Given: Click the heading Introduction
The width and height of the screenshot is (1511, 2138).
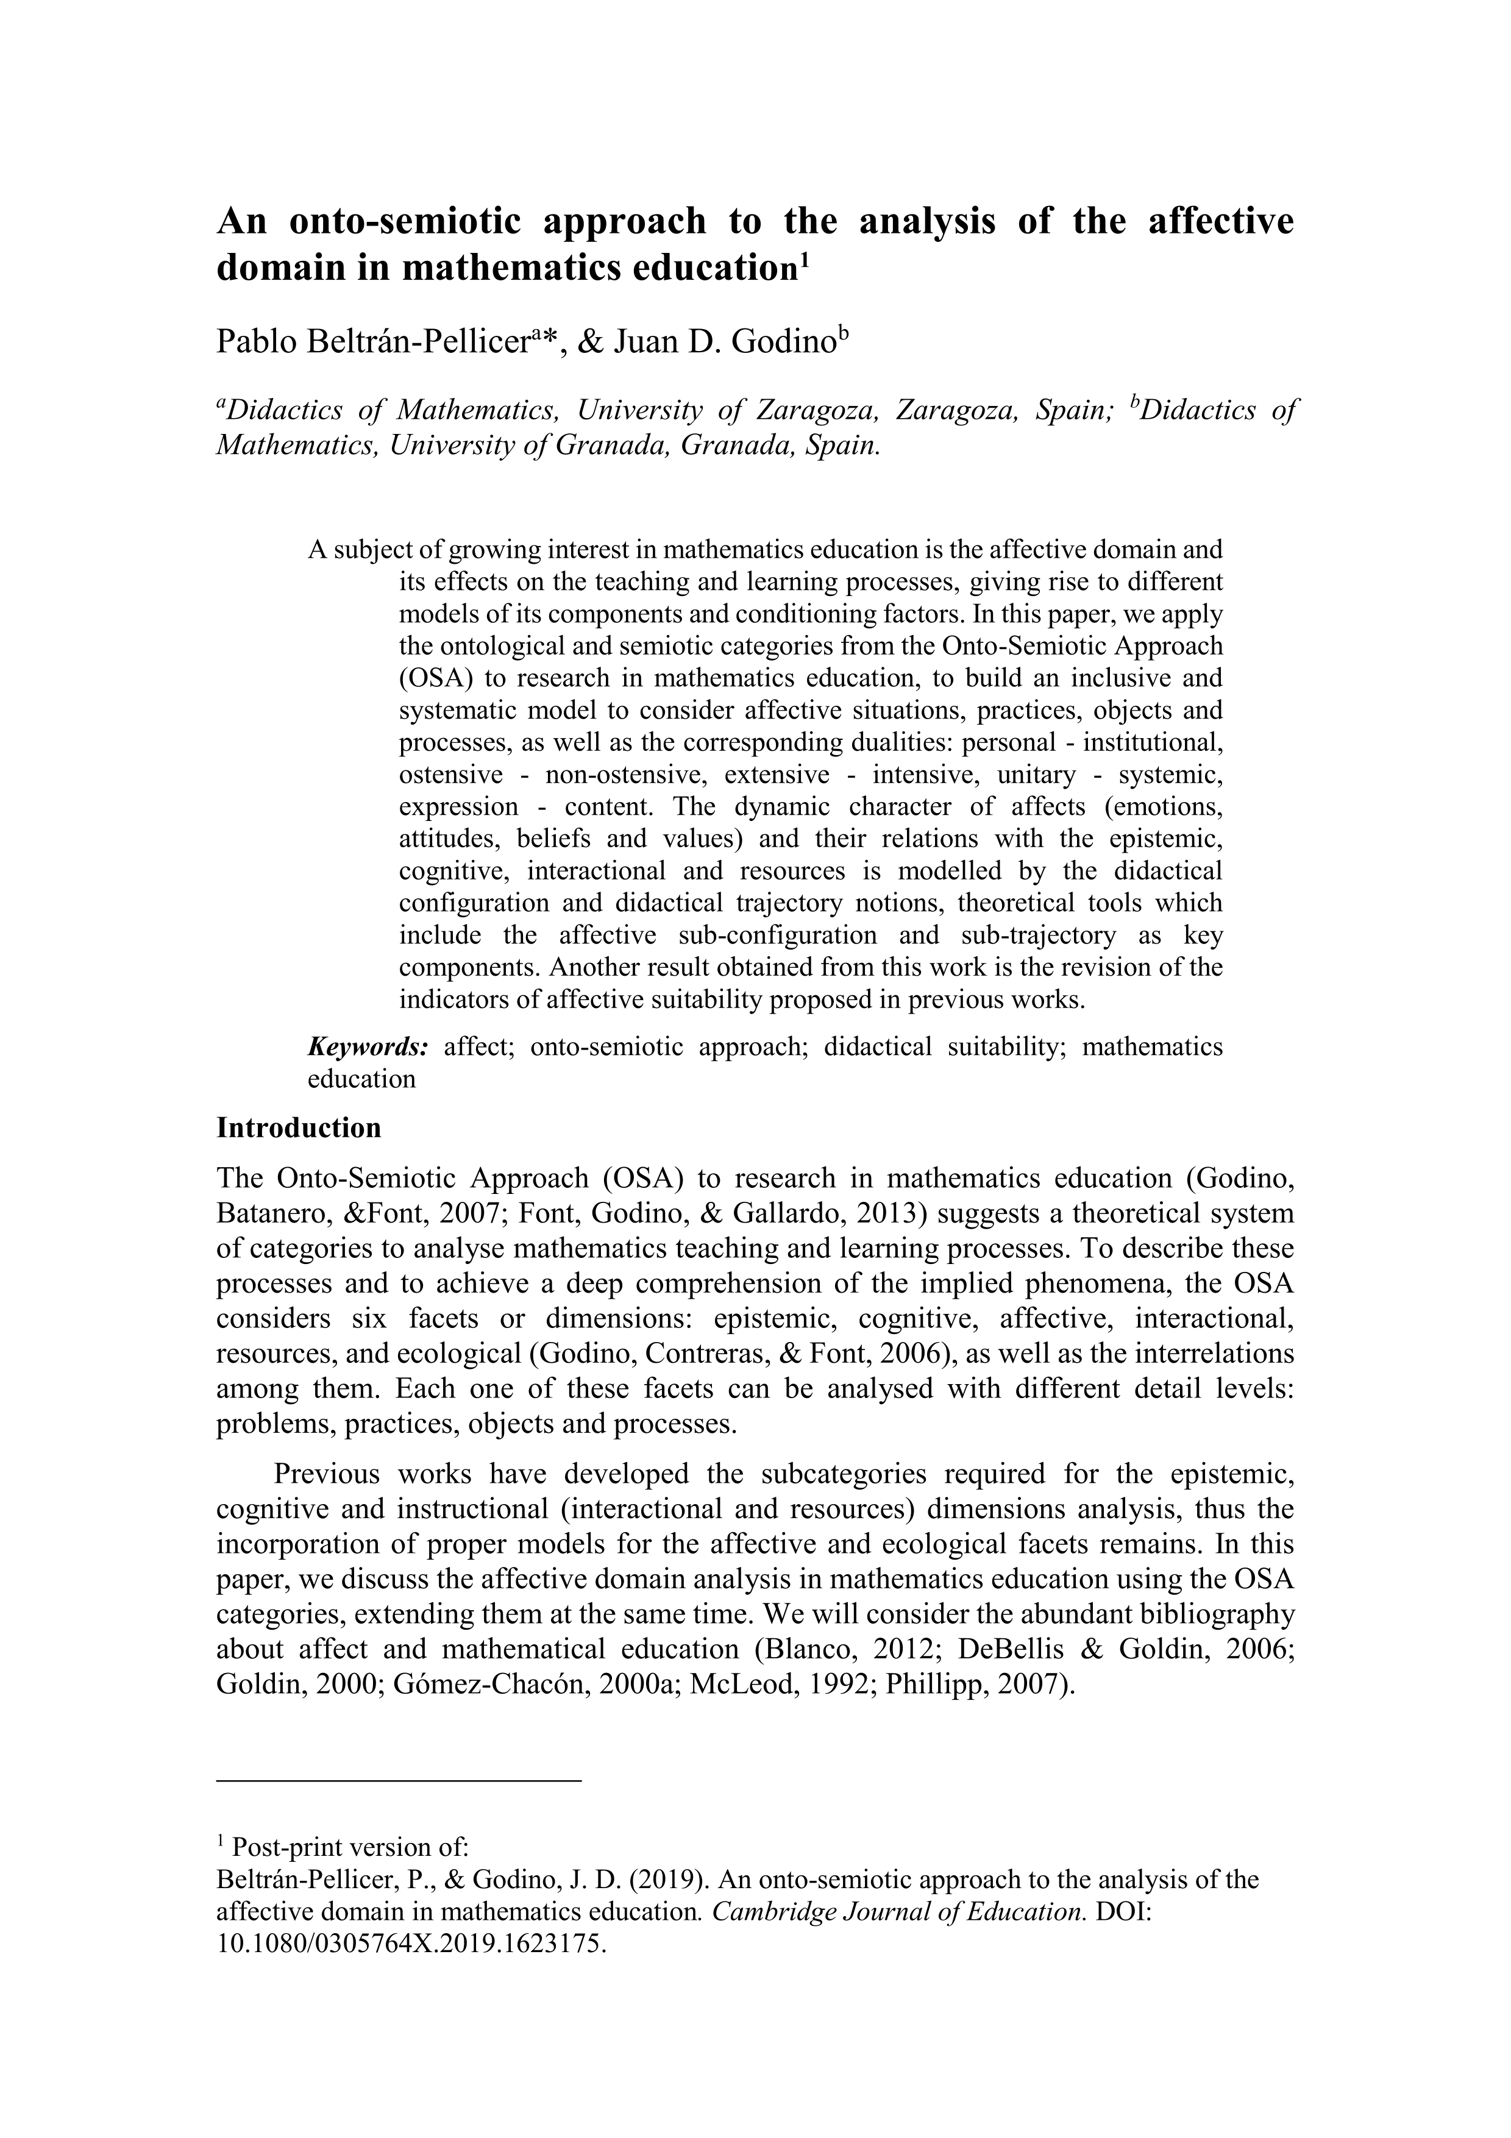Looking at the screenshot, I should point(298,1128).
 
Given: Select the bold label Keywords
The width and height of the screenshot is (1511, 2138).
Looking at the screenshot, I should point(368,1046).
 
